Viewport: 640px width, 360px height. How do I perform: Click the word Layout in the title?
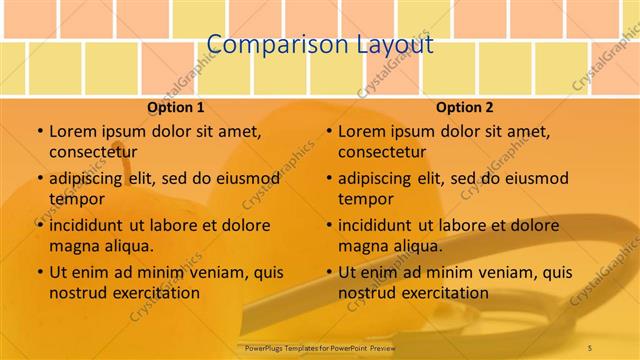[x=395, y=45]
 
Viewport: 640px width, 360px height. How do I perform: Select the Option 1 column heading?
[x=176, y=107]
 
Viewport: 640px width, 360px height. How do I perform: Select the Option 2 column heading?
[x=465, y=107]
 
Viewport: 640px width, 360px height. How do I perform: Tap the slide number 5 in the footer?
[x=590, y=347]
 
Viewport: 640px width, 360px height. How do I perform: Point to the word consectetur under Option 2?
[x=382, y=151]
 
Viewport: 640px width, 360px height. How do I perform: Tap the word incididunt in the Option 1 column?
[x=88, y=225]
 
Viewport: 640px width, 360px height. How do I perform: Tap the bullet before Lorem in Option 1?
[x=39, y=131]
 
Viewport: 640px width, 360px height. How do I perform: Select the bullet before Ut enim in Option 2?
[x=328, y=272]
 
